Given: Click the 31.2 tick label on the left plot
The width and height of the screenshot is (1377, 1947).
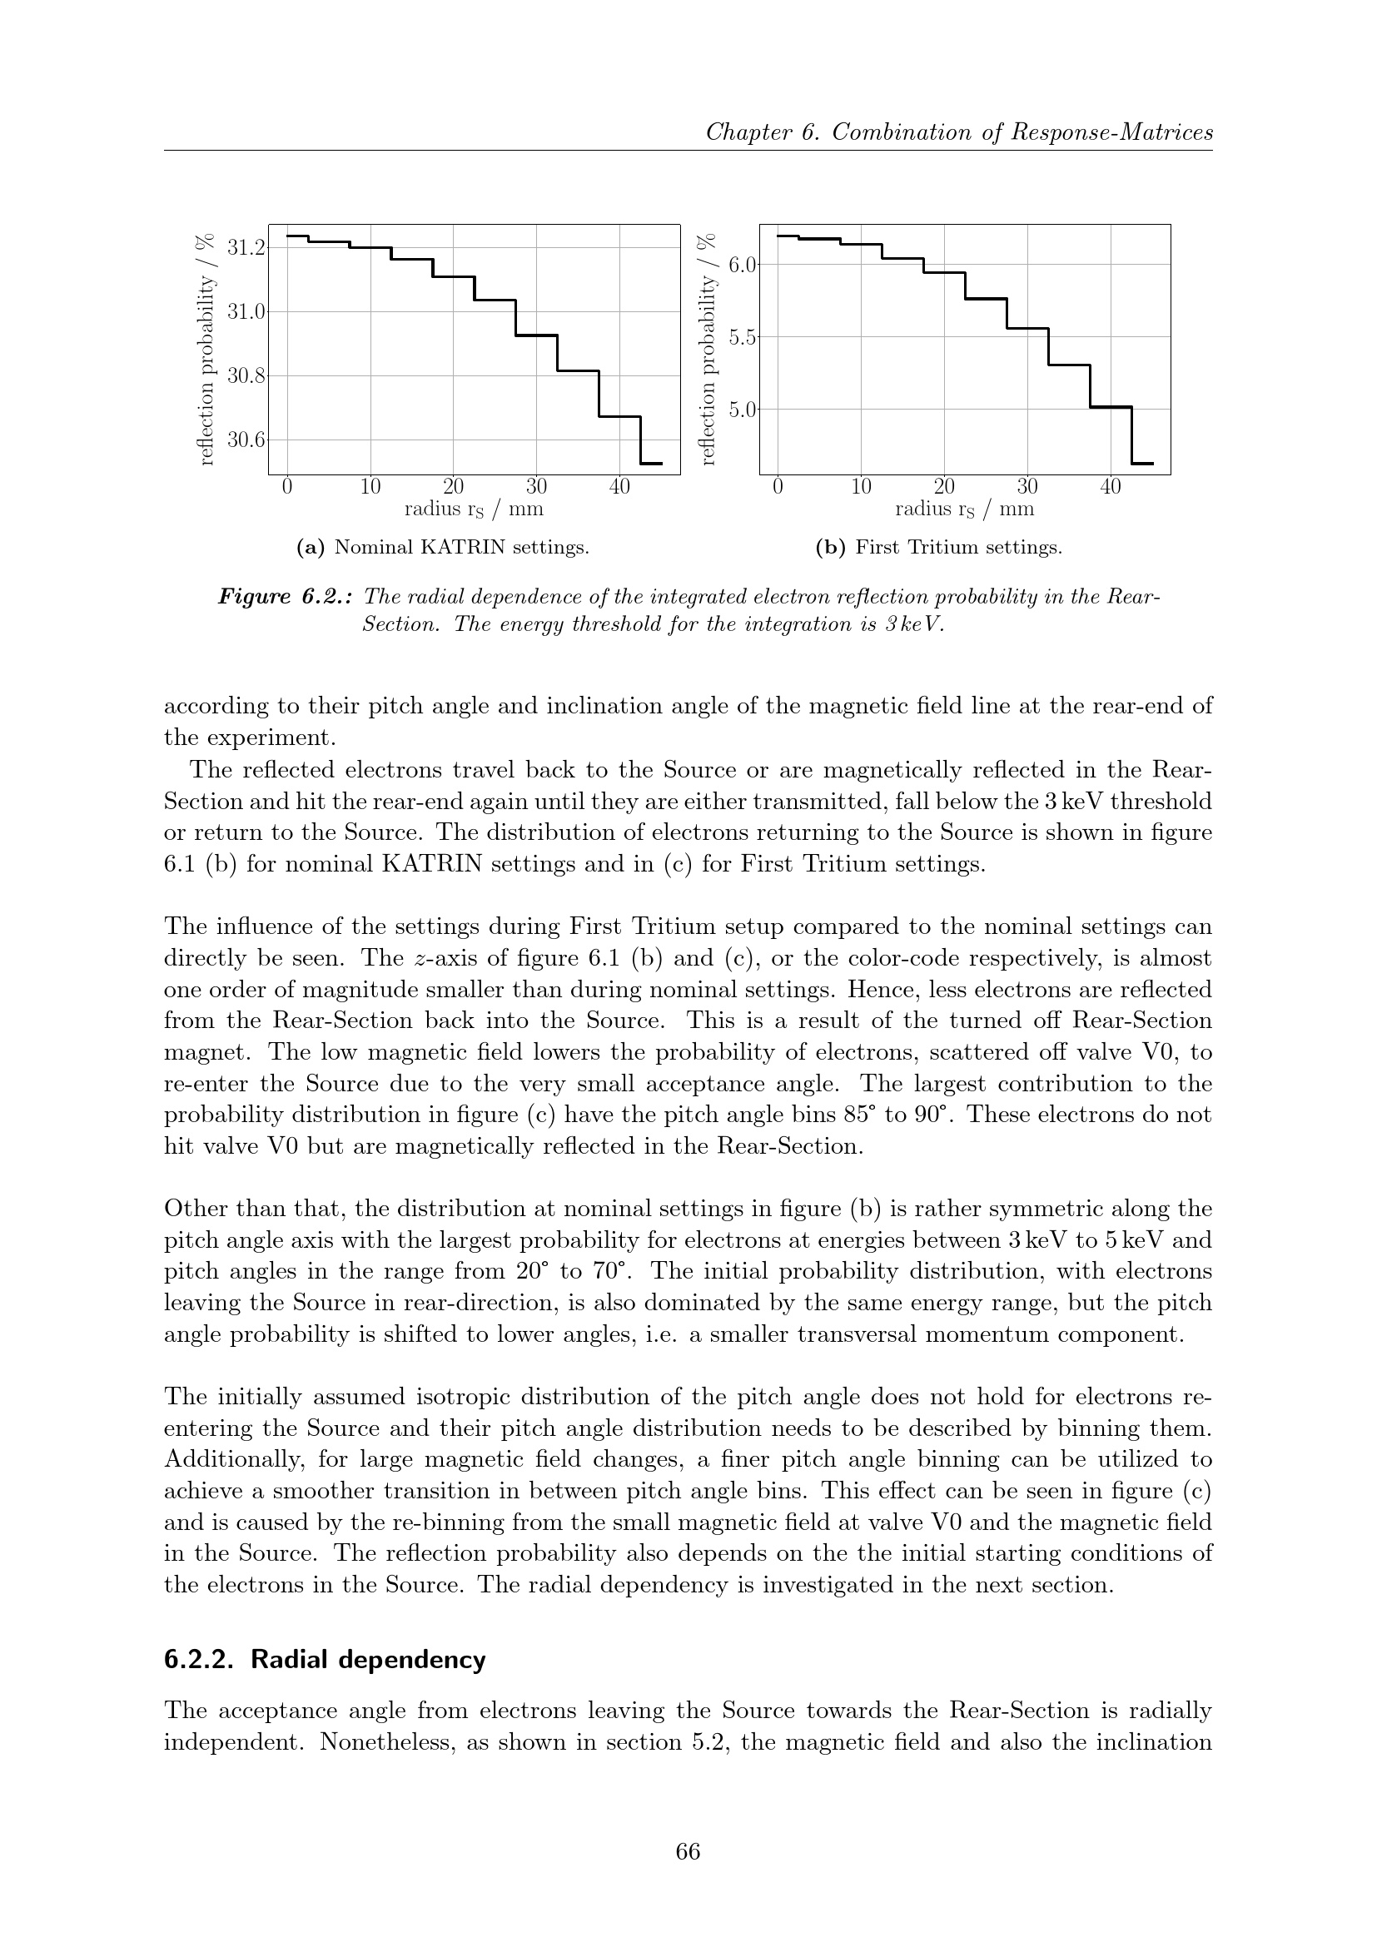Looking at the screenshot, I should point(246,247).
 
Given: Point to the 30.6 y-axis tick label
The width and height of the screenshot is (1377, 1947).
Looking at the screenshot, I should point(246,440).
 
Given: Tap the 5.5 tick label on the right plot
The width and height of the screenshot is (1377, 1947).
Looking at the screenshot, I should point(742,336).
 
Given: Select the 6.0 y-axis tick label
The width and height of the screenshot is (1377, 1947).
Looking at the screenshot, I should point(742,265).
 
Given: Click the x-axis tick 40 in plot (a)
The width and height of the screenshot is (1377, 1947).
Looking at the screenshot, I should point(620,487).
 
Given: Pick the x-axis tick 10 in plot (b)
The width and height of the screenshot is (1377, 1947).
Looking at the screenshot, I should point(861,487).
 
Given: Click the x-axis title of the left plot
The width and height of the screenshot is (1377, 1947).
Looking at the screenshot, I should point(473,509).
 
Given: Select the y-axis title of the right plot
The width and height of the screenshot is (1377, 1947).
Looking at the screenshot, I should point(709,349).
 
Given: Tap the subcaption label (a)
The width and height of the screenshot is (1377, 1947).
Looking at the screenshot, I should point(311,548).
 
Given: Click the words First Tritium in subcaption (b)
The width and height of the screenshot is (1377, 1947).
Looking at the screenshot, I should point(912,548).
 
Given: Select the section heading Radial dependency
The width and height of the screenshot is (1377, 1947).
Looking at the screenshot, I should point(368,1660).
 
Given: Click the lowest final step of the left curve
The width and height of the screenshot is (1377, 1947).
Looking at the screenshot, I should point(650,464).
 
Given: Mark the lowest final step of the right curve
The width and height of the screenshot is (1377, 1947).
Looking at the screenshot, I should point(1142,464).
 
